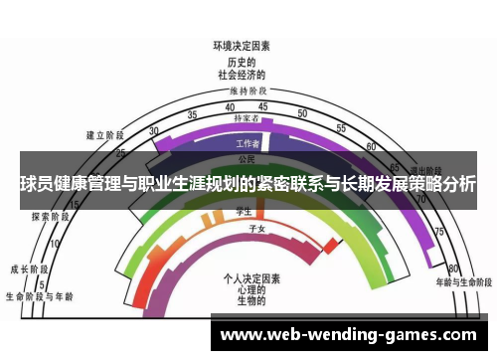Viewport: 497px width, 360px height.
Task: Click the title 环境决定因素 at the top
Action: click(242, 46)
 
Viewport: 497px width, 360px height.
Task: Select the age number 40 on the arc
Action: click(230, 106)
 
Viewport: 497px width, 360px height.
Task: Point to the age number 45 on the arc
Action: click(262, 106)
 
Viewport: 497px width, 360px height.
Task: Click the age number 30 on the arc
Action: click(153, 131)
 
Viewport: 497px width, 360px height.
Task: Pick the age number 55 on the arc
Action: click(341, 128)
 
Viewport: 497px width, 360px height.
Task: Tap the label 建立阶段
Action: click(104, 134)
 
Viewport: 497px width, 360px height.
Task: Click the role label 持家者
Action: click(246, 118)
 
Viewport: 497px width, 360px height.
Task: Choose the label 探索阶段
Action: click(50, 216)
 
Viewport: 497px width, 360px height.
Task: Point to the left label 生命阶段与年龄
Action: click(39, 296)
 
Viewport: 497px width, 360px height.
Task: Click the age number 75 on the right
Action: click(437, 231)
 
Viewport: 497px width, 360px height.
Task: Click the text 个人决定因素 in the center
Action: click(252, 277)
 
